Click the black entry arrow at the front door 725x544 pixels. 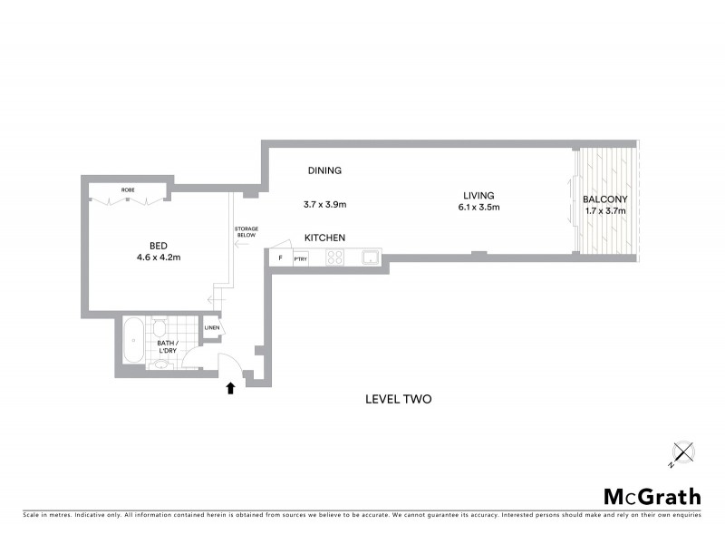coord(230,388)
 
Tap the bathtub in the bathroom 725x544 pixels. coord(133,341)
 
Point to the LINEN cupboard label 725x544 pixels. coord(211,327)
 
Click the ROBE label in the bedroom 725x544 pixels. coord(128,189)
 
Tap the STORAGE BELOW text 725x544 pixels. coord(246,231)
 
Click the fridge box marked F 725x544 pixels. coord(280,258)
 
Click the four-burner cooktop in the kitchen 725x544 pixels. coord(334,258)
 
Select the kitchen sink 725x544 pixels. coord(371,258)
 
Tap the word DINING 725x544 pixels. coord(324,170)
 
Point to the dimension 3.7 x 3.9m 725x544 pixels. coord(324,205)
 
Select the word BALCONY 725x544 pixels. coord(604,199)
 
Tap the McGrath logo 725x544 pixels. coord(652,496)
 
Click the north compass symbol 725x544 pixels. coord(682,452)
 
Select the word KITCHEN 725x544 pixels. coord(324,238)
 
